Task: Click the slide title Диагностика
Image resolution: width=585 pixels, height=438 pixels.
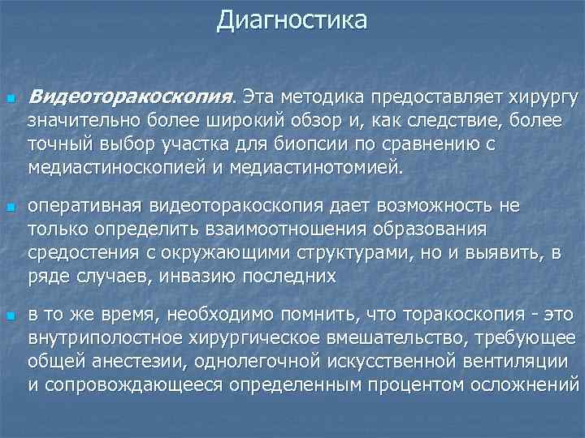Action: tap(292, 19)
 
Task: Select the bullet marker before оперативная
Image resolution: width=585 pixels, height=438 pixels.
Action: tap(11, 208)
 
